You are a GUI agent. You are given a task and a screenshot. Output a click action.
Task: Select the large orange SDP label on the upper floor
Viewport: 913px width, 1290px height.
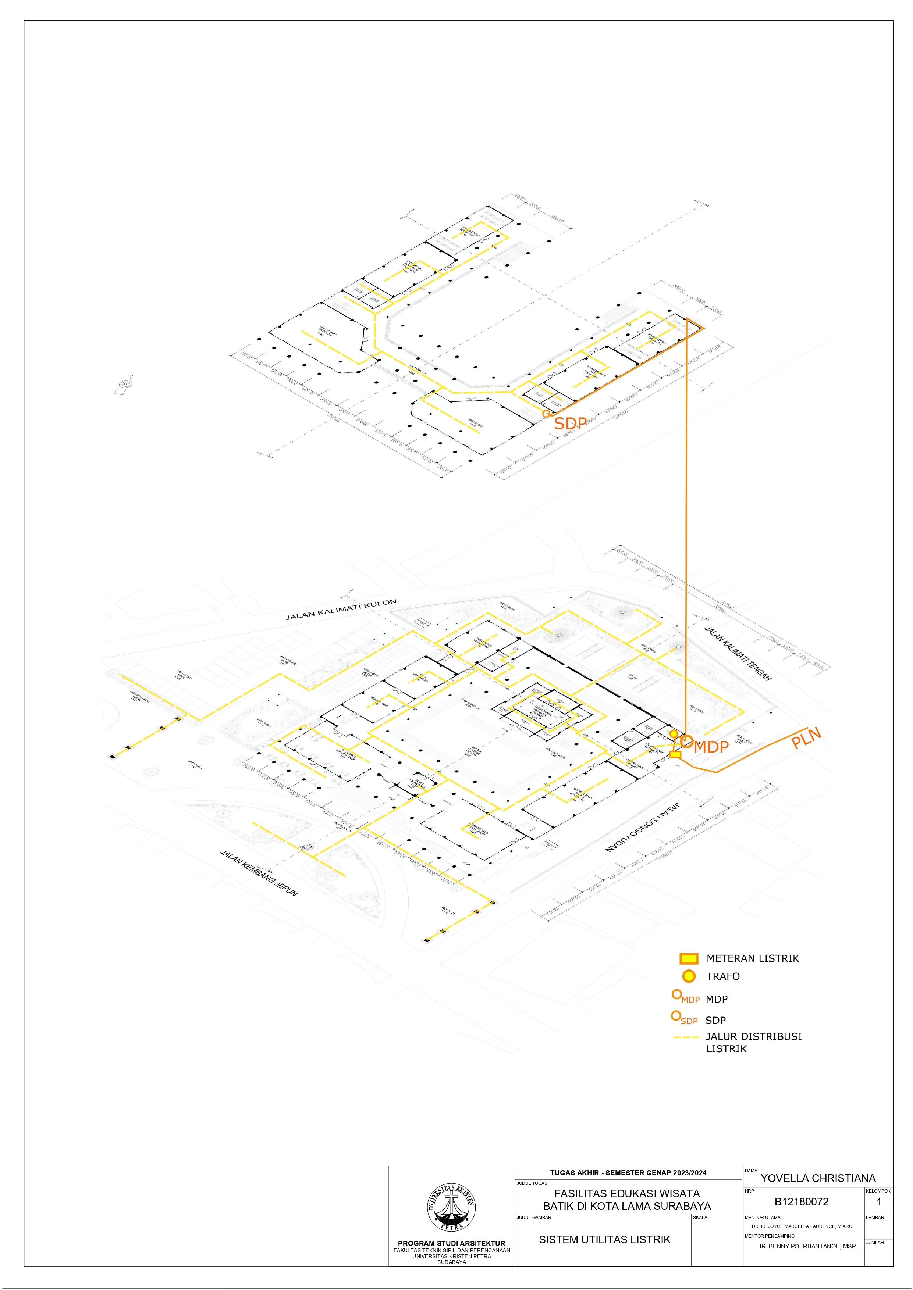(570, 423)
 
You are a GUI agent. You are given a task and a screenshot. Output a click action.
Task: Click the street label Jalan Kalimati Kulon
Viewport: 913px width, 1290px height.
(341, 610)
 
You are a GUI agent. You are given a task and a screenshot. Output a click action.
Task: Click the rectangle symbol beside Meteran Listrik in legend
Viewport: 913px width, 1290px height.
(689, 958)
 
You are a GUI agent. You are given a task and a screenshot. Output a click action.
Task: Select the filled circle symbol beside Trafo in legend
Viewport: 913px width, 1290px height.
(689, 976)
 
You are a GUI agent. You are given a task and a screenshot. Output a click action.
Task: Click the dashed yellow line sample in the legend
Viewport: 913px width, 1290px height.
(686, 1037)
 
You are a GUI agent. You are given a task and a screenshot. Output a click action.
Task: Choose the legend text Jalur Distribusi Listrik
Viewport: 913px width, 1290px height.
(753, 1042)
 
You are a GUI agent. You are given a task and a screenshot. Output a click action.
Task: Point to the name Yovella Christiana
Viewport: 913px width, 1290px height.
(818, 1178)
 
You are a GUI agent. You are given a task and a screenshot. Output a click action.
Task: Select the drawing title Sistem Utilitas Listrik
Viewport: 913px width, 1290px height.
(604, 1239)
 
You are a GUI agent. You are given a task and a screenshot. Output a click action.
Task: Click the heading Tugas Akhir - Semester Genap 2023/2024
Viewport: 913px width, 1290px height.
(628, 1173)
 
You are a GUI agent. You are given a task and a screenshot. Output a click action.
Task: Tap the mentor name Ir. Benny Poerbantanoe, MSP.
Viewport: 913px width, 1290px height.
(808, 1246)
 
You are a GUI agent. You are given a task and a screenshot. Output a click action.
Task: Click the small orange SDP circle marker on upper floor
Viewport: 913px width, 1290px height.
(546, 413)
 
